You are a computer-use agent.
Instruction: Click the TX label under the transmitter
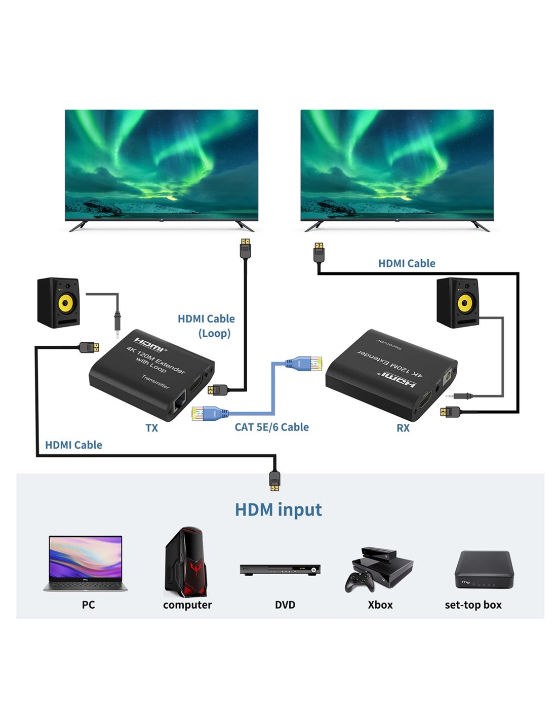click(x=151, y=428)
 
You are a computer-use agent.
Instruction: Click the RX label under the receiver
click(x=403, y=428)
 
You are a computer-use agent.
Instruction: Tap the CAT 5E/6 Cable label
click(x=271, y=427)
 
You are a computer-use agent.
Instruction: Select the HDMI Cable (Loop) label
click(x=207, y=326)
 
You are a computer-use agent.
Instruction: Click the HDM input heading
click(x=278, y=509)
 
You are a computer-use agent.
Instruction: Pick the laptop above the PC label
click(x=86, y=563)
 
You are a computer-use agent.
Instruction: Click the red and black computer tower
click(x=186, y=562)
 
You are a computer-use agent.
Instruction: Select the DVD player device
click(x=280, y=569)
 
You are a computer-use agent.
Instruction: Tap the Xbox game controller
click(x=360, y=581)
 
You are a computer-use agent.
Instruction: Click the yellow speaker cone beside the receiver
click(x=465, y=304)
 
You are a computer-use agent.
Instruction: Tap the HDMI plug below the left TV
click(x=246, y=248)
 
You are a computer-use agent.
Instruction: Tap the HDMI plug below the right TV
click(x=319, y=252)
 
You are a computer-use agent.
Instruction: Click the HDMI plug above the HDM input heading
click(x=274, y=479)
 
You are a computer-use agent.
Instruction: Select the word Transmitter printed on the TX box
click(x=155, y=381)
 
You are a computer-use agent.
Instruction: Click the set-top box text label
click(x=473, y=605)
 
